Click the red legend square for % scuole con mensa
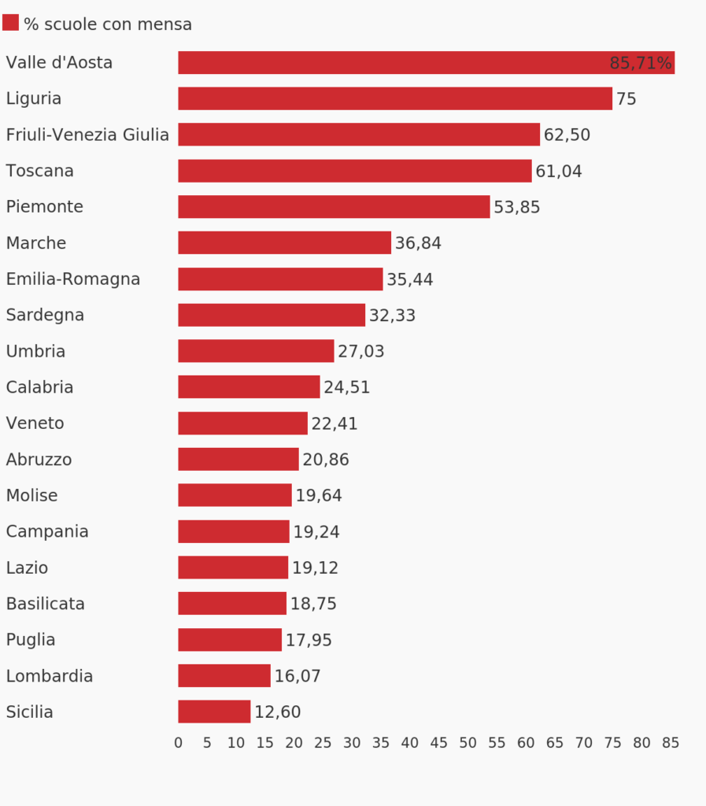pyautogui.click(x=10, y=23)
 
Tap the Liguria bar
pyautogui.click(x=394, y=98)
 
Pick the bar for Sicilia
pyautogui.click(x=214, y=712)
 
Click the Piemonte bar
pyautogui.click(x=334, y=207)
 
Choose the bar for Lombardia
pyautogui.click(x=224, y=675)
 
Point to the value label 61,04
pyautogui.click(x=559, y=172)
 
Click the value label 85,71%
pyautogui.click(x=641, y=64)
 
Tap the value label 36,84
pyautogui.click(x=418, y=244)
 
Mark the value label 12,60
pyautogui.click(x=277, y=712)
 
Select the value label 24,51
pyautogui.click(x=346, y=388)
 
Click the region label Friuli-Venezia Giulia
pyautogui.click(x=87, y=135)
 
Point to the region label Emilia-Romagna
pyautogui.click(x=73, y=279)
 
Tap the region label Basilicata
pyautogui.click(x=46, y=604)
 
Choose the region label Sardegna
pyautogui.click(x=45, y=315)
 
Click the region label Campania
pyautogui.click(x=47, y=531)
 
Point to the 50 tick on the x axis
pyautogui.click(x=468, y=743)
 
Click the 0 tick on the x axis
pyautogui.click(x=178, y=743)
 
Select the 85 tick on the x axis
pyautogui.click(x=671, y=743)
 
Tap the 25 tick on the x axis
pyautogui.click(x=323, y=743)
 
